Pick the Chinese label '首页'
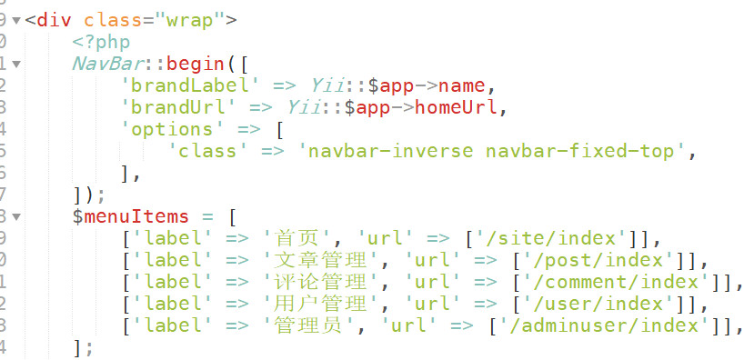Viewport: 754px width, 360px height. (293, 240)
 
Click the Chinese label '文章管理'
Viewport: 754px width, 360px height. (317, 262)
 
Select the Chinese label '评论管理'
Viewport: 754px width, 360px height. (317, 284)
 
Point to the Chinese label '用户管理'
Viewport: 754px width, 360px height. (317, 305)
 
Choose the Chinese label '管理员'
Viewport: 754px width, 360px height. (305, 327)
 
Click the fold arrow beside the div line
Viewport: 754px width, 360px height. (17, 19)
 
